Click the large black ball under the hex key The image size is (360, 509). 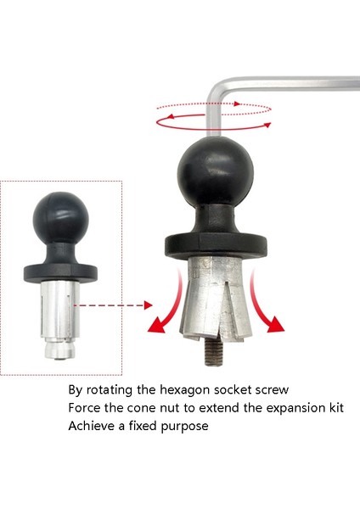point(211,176)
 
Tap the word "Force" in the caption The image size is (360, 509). point(86,409)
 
